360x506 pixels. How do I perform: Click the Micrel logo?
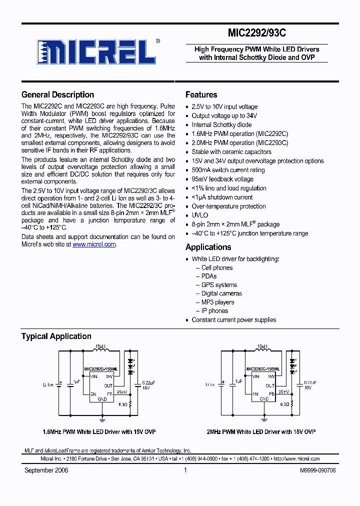(95, 51)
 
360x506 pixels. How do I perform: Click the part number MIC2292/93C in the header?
(257, 33)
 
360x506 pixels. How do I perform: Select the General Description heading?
(57, 94)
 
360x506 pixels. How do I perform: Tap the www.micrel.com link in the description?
(94, 244)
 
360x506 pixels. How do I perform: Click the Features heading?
(201, 94)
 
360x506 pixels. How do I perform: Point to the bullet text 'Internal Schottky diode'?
(221, 125)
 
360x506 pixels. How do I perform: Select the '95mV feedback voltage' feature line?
(222, 179)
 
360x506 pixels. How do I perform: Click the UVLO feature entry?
(199, 215)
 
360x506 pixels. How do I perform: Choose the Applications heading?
(208, 247)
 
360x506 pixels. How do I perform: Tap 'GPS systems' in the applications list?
(219, 285)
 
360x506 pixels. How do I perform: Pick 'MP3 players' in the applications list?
(217, 302)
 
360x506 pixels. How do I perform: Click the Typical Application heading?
(56, 336)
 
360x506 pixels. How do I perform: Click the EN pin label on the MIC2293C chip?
(255, 394)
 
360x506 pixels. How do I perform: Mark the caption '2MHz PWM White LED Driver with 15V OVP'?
(261, 431)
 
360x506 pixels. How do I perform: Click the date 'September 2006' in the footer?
(46, 470)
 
